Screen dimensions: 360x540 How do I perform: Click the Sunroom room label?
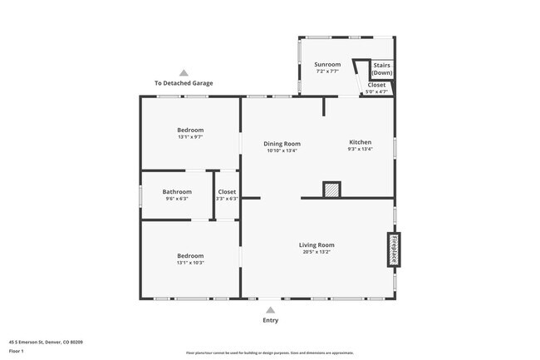pyautogui.click(x=327, y=64)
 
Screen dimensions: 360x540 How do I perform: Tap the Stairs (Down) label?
pyautogui.click(x=381, y=69)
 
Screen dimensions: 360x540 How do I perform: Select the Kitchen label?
pyautogui.click(x=360, y=142)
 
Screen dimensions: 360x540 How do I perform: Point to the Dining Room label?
pyautogui.click(x=282, y=143)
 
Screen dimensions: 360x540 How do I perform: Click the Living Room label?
pyautogui.click(x=317, y=244)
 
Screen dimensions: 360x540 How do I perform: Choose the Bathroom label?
pyautogui.click(x=176, y=191)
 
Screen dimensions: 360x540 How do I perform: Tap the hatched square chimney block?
pyautogui.click(x=331, y=190)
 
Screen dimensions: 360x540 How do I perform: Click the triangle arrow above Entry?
pyautogui.click(x=271, y=308)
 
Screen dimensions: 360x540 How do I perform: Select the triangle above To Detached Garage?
pyautogui.click(x=184, y=73)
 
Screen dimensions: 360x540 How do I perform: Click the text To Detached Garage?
pyautogui.click(x=184, y=83)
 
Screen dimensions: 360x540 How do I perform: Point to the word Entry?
pyautogui.click(x=271, y=320)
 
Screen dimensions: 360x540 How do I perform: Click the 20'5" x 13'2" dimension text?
pyautogui.click(x=317, y=252)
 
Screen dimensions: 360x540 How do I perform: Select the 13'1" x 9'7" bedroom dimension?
pyautogui.click(x=190, y=137)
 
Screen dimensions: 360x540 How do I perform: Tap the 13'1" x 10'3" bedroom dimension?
pyautogui.click(x=190, y=263)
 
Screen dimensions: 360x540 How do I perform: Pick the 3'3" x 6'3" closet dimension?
pyautogui.click(x=227, y=199)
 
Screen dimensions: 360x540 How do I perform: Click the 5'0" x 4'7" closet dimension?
pyautogui.click(x=376, y=91)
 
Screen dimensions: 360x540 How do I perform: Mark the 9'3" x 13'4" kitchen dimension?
pyautogui.click(x=360, y=150)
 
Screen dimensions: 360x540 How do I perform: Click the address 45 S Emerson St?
pyautogui.click(x=46, y=342)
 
